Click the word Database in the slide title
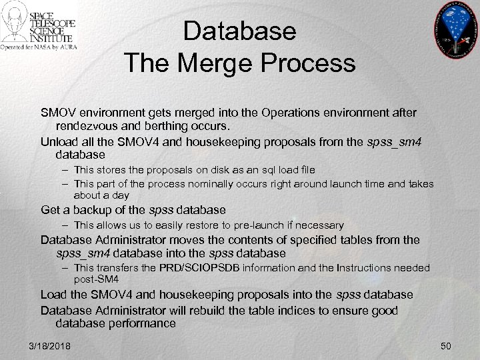(x=239, y=31)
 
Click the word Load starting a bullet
(x=55, y=294)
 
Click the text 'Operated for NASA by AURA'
(x=38, y=47)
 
